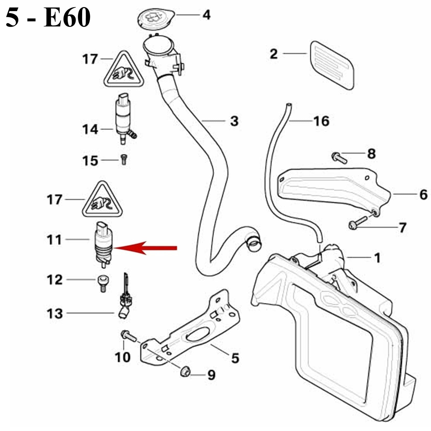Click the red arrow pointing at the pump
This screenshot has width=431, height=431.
tap(145, 248)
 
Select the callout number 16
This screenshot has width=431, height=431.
tap(321, 121)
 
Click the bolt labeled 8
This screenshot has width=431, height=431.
tap(339, 158)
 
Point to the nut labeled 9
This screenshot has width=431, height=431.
tap(185, 372)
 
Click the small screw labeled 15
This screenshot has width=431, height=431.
tap(124, 160)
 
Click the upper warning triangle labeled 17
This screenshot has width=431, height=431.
tap(124, 71)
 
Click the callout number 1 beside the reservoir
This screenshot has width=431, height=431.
tap(377, 258)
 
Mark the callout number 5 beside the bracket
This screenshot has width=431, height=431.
tap(235, 358)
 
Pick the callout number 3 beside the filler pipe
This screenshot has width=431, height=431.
tap(234, 121)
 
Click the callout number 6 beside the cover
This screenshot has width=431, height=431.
tap(423, 194)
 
